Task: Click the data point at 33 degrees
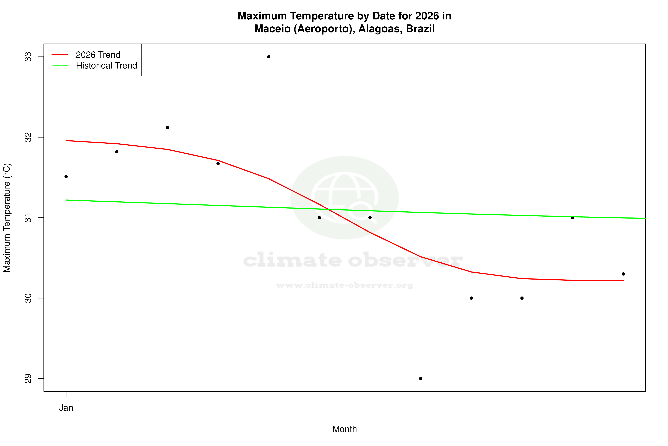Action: pyautogui.click(x=269, y=57)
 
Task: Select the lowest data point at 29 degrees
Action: pyautogui.click(x=421, y=379)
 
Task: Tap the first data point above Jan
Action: pyautogui.click(x=66, y=177)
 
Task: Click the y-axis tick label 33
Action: pyautogui.click(x=28, y=57)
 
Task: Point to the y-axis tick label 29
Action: pyautogui.click(x=28, y=379)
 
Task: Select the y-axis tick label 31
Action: pyautogui.click(x=28, y=218)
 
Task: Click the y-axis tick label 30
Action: pyautogui.click(x=28, y=298)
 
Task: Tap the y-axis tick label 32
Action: pyautogui.click(x=28, y=137)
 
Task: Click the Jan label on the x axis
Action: pyautogui.click(x=66, y=408)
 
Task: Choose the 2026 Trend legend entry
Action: pyautogui.click(x=98, y=55)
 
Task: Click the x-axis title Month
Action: pyautogui.click(x=345, y=429)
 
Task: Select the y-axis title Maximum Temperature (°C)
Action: pyautogui.click(x=7, y=218)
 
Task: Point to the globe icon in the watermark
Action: pyautogui.click(x=345, y=197)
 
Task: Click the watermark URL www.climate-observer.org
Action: pyautogui.click(x=345, y=285)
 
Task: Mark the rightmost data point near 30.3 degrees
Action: pyautogui.click(x=623, y=274)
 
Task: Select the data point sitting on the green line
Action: pyautogui.click(x=573, y=218)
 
